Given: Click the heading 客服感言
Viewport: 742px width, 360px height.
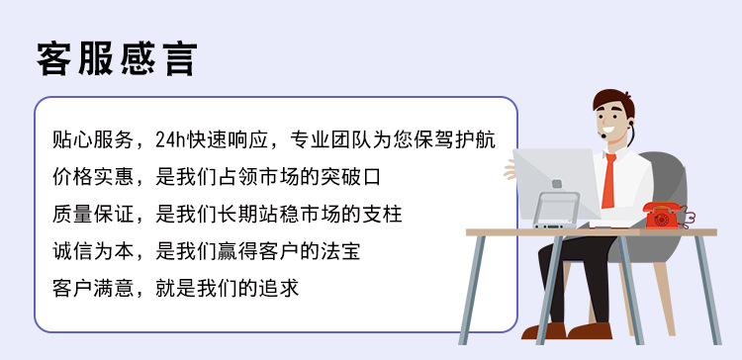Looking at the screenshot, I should pos(117,58).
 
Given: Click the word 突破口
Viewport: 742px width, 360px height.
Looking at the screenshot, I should pos(350,177).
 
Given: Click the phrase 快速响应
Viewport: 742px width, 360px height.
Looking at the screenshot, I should pos(236,139).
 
